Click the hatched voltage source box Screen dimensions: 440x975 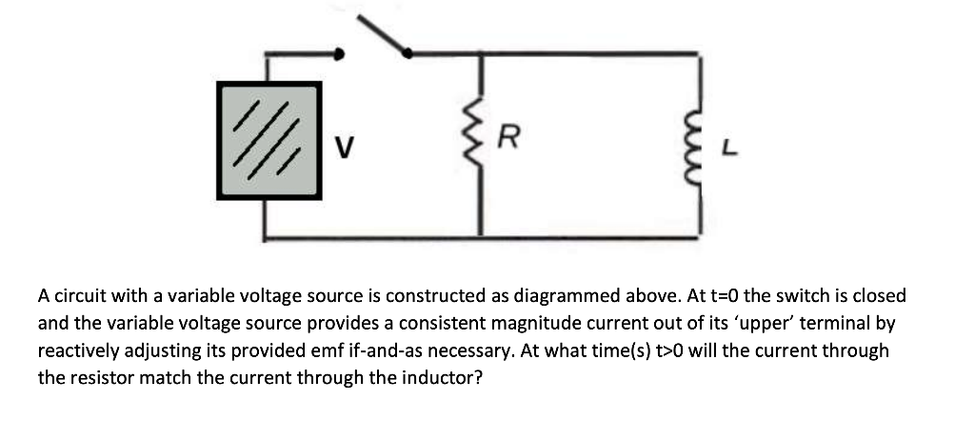tap(268, 139)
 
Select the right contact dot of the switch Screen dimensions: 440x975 tap(408, 53)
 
